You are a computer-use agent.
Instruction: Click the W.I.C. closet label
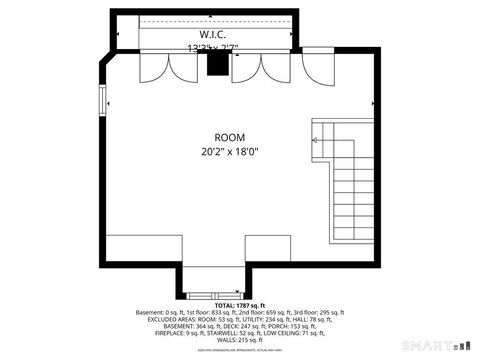[x=212, y=33]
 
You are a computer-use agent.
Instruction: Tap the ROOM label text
[x=229, y=137]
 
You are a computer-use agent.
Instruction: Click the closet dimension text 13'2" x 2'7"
[x=212, y=47]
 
